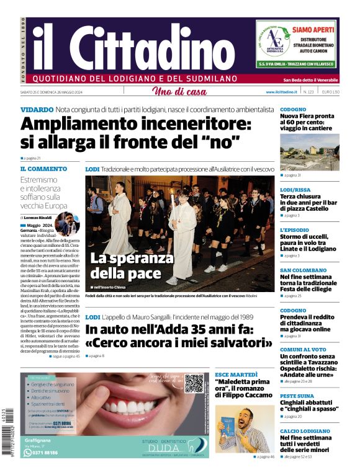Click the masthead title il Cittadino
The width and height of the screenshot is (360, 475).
[124, 47]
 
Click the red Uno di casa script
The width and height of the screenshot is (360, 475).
[179, 92]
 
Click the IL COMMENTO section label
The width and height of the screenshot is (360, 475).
[43, 169]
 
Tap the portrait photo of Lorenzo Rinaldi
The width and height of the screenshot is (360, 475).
[67, 224]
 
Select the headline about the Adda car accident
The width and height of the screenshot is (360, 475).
[179, 336]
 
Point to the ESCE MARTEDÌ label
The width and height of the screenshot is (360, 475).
[236, 375]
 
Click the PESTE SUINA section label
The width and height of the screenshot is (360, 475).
[297, 395]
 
